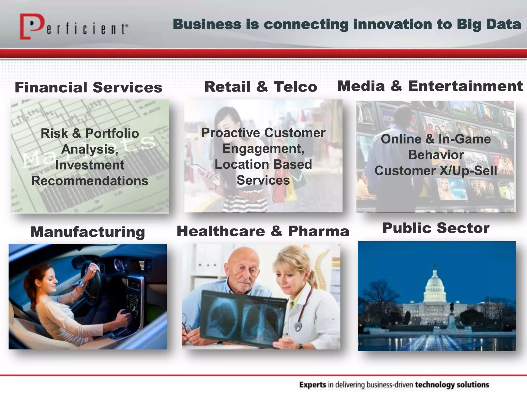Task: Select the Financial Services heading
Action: tap(89, 87)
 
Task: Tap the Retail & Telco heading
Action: tap(261, 87)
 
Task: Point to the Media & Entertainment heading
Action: tap(430, 86)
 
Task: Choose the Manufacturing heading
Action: tap(88, 232)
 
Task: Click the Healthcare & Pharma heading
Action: tap(263, 231)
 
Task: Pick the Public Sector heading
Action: tap(436, 228)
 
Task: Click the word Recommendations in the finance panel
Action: tap(90, 181)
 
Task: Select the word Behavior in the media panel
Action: tap(436, 155)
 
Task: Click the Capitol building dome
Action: tap(435, 284)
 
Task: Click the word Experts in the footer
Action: tap(313, 385)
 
